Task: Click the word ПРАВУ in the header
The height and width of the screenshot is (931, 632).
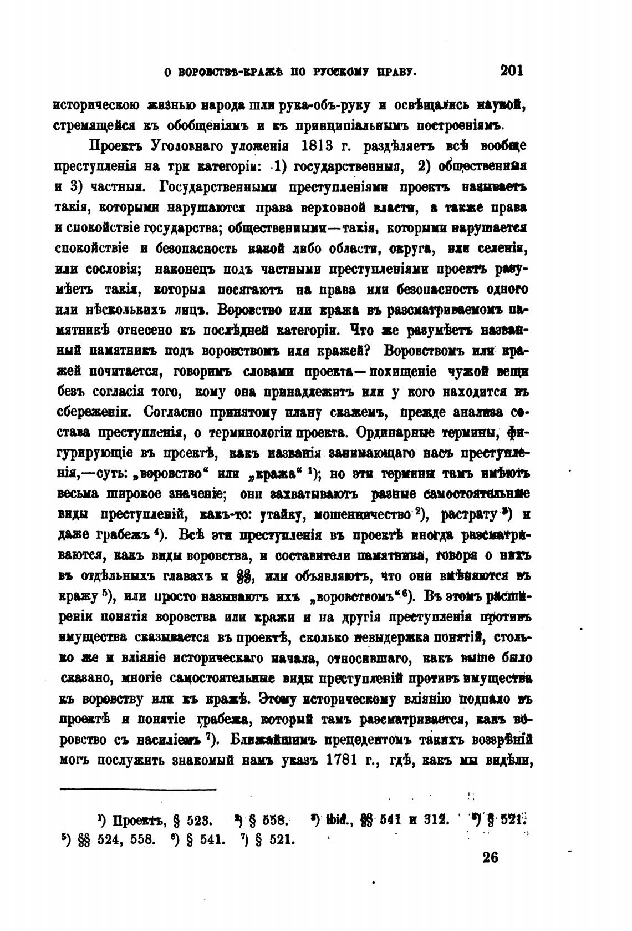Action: (x=395, y=72)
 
